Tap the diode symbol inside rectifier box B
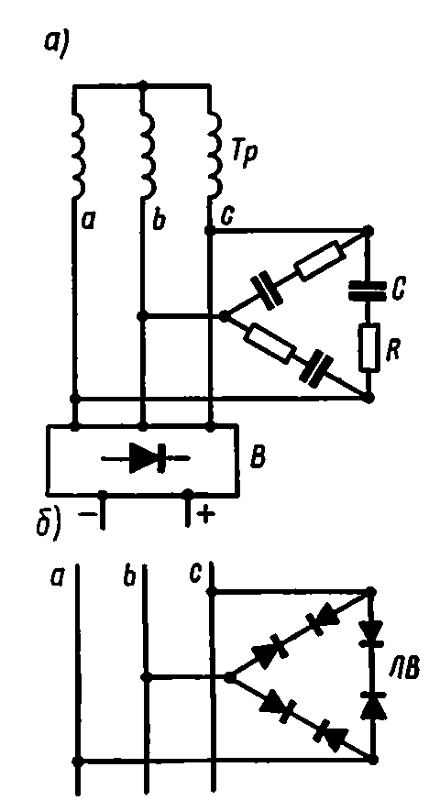click(x=146, y=458)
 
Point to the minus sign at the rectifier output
click(x=87, y=513)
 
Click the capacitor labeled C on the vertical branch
click(x=368, y=292)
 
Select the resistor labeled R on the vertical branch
click(x=368, y=348)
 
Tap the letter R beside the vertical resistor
click(x=393, y=353)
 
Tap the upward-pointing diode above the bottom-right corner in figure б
click(x=371, y=707)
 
